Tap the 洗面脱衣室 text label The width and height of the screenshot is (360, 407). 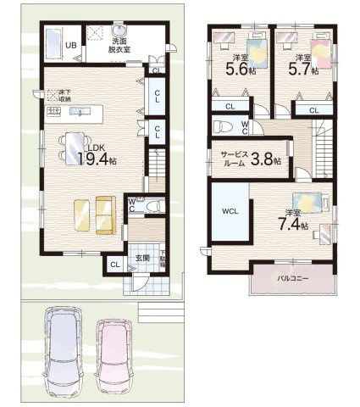[119, 45]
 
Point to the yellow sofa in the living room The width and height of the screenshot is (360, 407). [94, 215]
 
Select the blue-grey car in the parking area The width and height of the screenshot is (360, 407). [64, 343]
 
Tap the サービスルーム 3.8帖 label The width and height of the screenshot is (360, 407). [250, 159]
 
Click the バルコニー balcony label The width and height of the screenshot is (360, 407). [292, 278]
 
